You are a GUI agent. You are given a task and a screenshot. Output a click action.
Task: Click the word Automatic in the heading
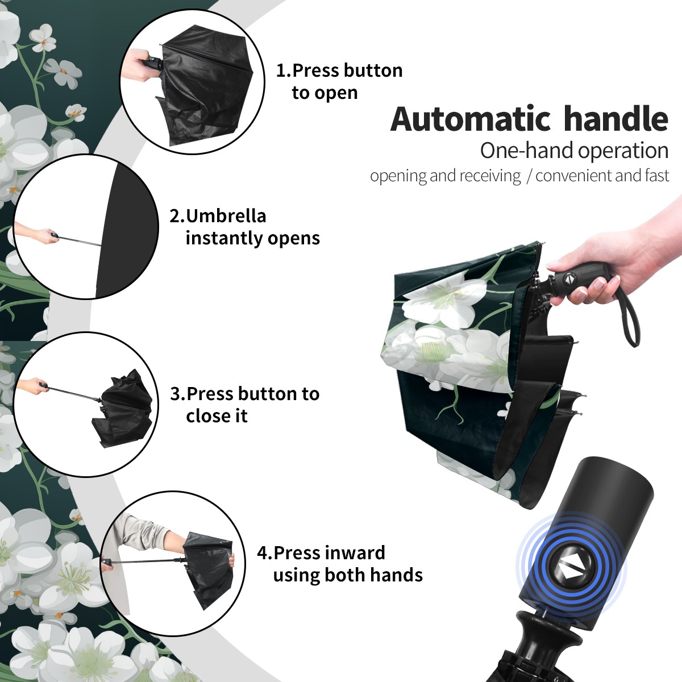coord(471,119)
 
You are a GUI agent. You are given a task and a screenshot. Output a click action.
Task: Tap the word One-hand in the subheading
coord(527,151)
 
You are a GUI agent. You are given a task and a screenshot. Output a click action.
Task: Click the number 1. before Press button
coord(284,70)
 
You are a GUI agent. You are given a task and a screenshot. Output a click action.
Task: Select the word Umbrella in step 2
coord(226,215)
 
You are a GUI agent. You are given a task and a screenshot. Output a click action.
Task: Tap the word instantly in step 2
coord(224,238)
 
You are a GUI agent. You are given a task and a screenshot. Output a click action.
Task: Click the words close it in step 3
coord(217,415)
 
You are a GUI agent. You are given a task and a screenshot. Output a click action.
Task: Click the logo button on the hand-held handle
coord(569,278)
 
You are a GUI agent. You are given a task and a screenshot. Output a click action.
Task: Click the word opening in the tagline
coord(398,176)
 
